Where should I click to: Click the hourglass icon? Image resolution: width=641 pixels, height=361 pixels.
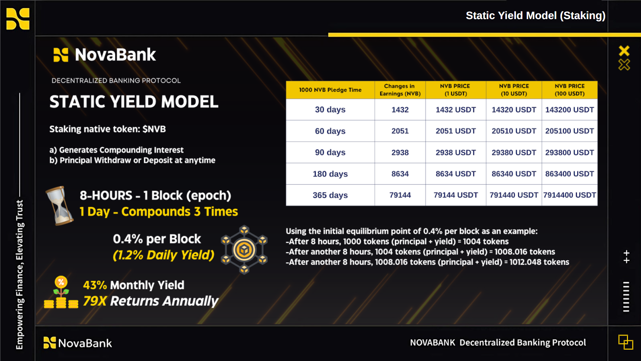(x=59, y=205)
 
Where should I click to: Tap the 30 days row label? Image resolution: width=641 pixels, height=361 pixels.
(x=330, y=110)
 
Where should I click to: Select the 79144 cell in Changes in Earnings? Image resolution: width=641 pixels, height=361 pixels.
(x=400, y=195)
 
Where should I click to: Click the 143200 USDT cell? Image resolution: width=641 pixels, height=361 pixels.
(x=569, y=110)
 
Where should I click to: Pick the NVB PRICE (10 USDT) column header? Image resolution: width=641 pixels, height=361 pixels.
(x=514, y=90)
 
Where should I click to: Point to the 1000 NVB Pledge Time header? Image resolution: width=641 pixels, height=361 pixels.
(x=330, y=90)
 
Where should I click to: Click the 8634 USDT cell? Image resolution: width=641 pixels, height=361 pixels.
(x=456, y=174)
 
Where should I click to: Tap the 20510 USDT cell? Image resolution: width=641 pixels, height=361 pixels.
(x=514, y=131)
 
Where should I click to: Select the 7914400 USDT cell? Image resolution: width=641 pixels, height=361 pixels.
(x=569, y=195)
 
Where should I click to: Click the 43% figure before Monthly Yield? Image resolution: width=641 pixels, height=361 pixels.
(x=95, y=285)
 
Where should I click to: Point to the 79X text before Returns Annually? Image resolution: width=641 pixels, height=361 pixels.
(x=95, y=301)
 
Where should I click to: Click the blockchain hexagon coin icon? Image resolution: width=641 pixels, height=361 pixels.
(x=244, y=250)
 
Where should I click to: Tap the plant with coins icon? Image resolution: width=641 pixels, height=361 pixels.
(x=61, y=292)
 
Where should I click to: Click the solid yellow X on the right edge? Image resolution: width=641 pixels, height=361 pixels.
(x=624, y=51)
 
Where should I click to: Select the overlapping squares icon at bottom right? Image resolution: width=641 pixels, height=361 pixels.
(x=626, y=342)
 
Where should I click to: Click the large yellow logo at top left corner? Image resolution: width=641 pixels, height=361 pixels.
(x=18, y=19)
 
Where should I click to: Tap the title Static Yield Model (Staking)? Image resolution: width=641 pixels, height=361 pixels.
(x=535, y=15)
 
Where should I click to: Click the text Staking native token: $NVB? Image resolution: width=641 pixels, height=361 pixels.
(x=108, y=129)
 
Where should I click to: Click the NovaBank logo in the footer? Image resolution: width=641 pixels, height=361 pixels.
(x=78, y=343)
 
